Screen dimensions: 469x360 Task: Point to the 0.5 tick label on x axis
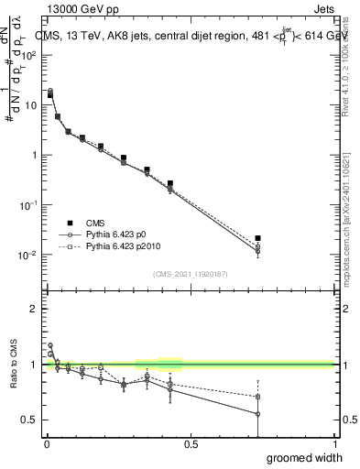(x=191, y=444)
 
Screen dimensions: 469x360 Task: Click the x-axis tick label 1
(x=335, y=444)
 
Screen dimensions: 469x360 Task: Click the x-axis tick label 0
(x=46, y=444)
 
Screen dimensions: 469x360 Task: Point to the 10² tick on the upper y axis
(x=30, y=55)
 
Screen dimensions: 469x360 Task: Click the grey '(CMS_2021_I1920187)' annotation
(x=190, y=274)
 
